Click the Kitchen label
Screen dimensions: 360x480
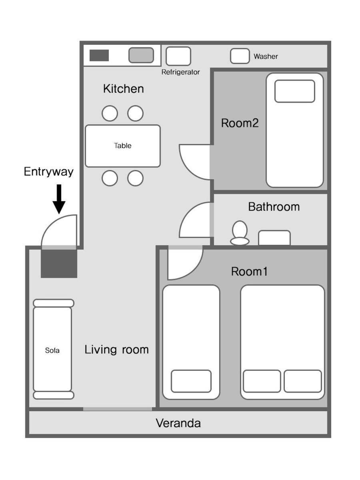coord(124,89)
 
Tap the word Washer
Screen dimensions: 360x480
coord(266,56)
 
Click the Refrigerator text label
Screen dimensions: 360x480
coord(180,72)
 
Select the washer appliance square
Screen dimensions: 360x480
coord(240,56)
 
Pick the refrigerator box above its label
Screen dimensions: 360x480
coord(178,56)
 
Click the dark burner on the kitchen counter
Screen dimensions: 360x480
coord(99,55)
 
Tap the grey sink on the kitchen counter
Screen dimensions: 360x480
coord(141,55)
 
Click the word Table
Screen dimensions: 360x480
coord(123,146)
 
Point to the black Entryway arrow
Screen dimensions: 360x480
coord(59,199)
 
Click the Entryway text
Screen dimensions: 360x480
coord(48,172)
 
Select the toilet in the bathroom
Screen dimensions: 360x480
coord(240,233)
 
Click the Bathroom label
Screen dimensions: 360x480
coord(274,207)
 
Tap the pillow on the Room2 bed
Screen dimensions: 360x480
coord(295,91)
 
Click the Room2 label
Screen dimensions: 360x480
coord(240,123)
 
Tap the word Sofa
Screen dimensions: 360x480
coord(52,350)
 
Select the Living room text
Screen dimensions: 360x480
coord(116,350)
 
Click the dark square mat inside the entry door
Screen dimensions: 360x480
coord(59,264)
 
